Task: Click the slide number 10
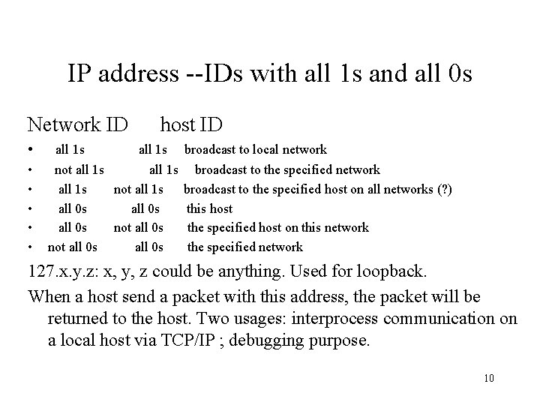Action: pyautogui.click(x=489, y=376)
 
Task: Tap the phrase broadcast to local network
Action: pyautogui.click(x=256, y=150)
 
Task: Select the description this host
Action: pyautogui.click(x=209, y=208)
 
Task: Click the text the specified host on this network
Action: pyautogui.click(x=277, y=227)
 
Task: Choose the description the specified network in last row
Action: pyautogui.click(x=244, y=247)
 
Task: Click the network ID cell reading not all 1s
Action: pyautogui.click(x=79, y=169)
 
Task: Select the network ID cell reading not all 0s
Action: pyautogui.click(x=72, y=247)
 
